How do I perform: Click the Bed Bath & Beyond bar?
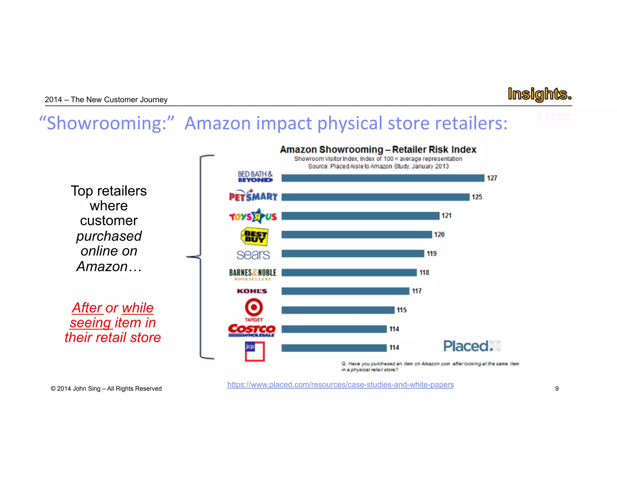point(383,178)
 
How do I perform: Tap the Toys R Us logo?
point(253,216)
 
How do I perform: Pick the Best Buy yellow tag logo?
point(255,236)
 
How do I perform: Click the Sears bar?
point(352,254)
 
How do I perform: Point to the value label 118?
point(424,273)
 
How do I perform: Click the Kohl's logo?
point(252,291)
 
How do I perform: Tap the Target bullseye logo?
point(254,308)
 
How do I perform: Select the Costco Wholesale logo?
point(252,330)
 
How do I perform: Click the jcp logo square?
point(255,351)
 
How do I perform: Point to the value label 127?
point(492,178)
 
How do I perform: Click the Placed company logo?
point(471,346)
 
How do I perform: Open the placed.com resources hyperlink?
point(340,384)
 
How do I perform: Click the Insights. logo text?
point(539,94)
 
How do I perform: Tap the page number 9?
point(557,389)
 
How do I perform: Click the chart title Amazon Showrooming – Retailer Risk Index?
point(378,150)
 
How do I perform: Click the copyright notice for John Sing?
point(106,389)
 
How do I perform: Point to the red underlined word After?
point(87,308)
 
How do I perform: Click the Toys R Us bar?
point(360,216)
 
